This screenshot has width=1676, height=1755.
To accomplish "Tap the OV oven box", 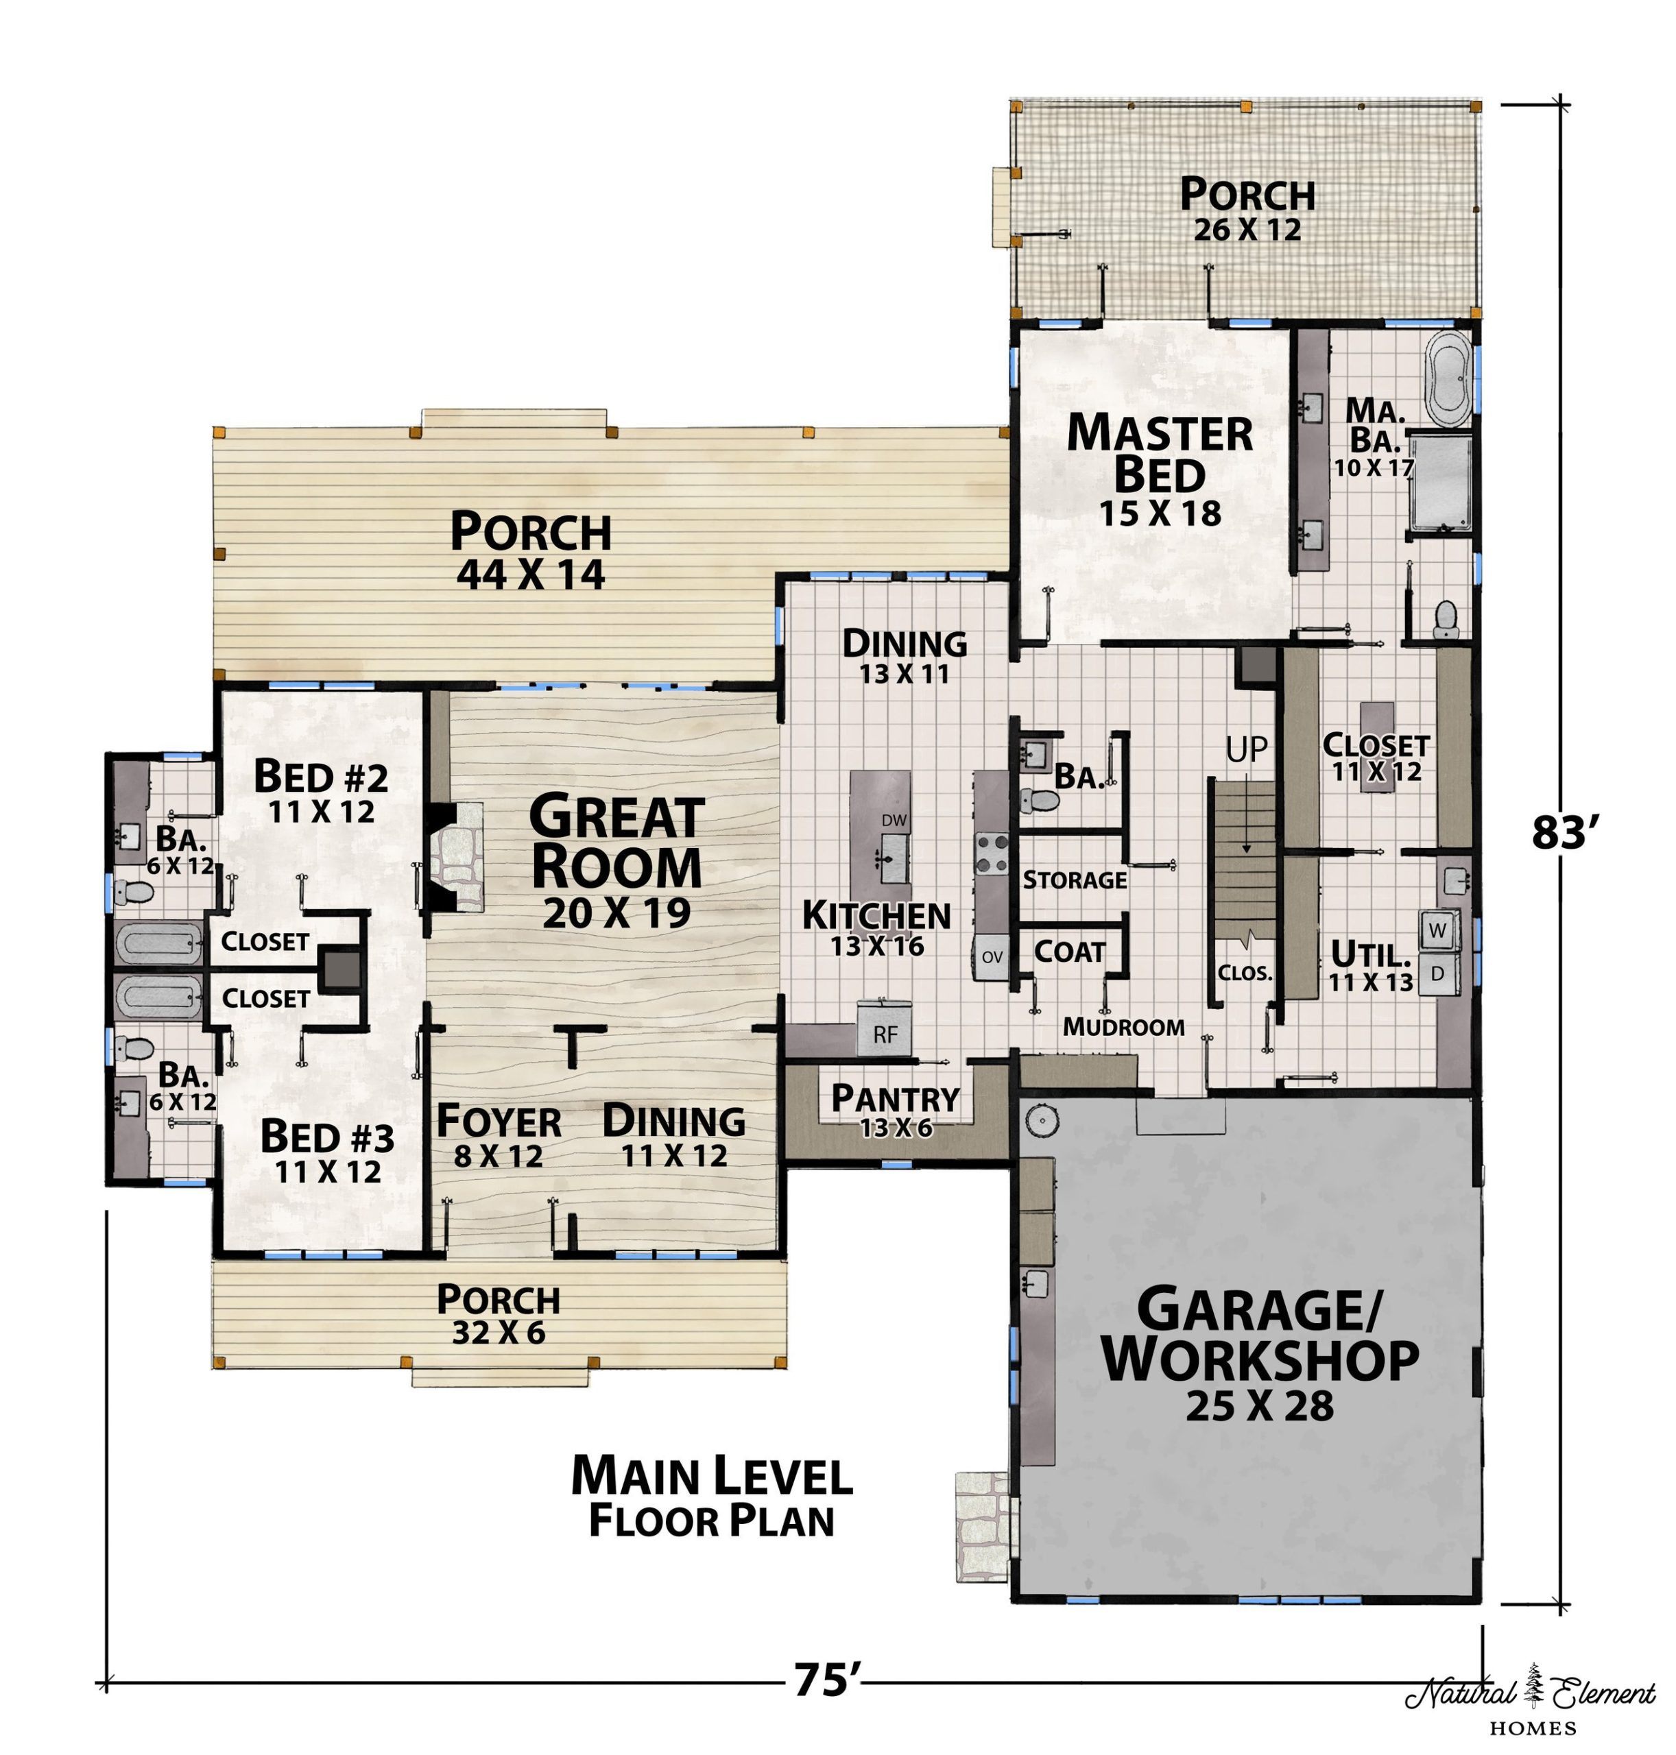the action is click(x=992, y=956).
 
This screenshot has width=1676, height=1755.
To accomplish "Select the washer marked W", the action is click(x=1437, y=930).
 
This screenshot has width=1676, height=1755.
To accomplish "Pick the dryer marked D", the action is click(x=1437, y=973).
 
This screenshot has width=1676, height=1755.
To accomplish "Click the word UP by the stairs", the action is click(x=1246, y=750).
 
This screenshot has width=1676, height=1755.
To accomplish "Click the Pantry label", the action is click(x=895, y=1098).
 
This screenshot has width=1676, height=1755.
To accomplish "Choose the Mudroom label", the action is click(x=1123, y=1027).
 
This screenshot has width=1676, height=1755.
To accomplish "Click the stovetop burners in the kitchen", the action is click(x=992, y=852).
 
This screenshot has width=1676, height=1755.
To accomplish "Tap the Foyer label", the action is click(x=499, y=1122).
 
